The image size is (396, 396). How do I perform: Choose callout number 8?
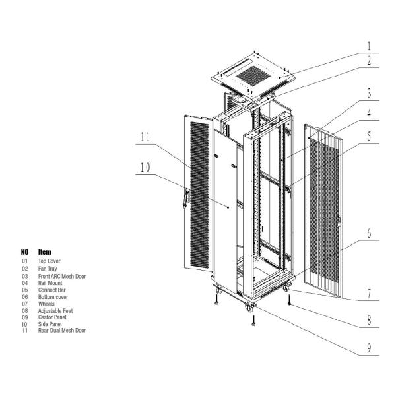pos(370,321)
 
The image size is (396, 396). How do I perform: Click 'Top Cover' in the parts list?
pos(49,261)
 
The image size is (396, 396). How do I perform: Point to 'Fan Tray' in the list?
pos(48,269)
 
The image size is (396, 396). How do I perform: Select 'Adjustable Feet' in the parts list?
pos(53,310)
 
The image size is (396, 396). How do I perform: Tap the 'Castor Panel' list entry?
pos(52,317)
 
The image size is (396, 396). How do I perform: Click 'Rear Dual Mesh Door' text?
pos(61,330)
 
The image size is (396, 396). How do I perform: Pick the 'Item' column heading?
pos(45,252)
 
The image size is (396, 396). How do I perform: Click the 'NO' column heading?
pos(25,252)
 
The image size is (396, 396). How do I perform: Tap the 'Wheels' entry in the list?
pos(47,303)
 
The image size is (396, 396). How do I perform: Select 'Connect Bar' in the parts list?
pos(51,289)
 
